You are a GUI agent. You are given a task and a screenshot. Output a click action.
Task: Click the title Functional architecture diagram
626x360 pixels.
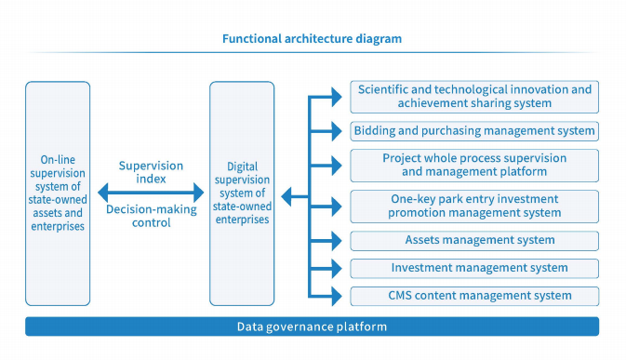[x=312, y=39]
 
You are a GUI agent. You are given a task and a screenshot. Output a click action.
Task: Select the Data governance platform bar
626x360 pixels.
[x=312, y=327]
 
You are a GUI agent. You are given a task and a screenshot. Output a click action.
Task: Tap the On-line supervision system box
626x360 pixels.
[x=58, y=193]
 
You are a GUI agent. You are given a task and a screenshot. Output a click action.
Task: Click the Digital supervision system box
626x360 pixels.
[x=242, y=193]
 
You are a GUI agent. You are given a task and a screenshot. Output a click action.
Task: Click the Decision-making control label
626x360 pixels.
[x=151, y=216]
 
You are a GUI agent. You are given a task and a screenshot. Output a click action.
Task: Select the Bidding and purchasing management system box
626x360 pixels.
[x=473, y=131]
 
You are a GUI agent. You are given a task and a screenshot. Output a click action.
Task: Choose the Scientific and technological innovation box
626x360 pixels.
[x=473, y=97]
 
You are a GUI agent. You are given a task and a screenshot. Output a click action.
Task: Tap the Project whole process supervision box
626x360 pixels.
[x=473, y=165]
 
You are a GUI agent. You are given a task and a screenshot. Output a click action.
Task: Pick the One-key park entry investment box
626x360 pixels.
[x=473, y=206]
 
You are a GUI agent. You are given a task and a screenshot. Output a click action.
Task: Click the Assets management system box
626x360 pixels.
[x=473, y=240]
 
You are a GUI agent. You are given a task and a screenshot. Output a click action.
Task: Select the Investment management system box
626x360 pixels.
[x=473, y=268]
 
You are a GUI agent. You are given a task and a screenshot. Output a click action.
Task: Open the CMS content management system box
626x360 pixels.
[x=473, y=296]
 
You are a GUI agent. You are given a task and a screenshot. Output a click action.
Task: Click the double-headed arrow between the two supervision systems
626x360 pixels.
[x=151, y=193]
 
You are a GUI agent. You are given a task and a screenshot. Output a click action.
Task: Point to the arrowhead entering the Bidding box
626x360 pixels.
[x=339, y=131]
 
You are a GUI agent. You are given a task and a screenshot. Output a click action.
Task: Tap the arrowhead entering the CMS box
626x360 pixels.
[x=339, y=296]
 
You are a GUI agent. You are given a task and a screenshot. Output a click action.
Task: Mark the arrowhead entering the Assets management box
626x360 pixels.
[x=339, y=240]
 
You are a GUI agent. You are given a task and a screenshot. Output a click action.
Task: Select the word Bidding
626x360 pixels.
[x=376, y=131]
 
